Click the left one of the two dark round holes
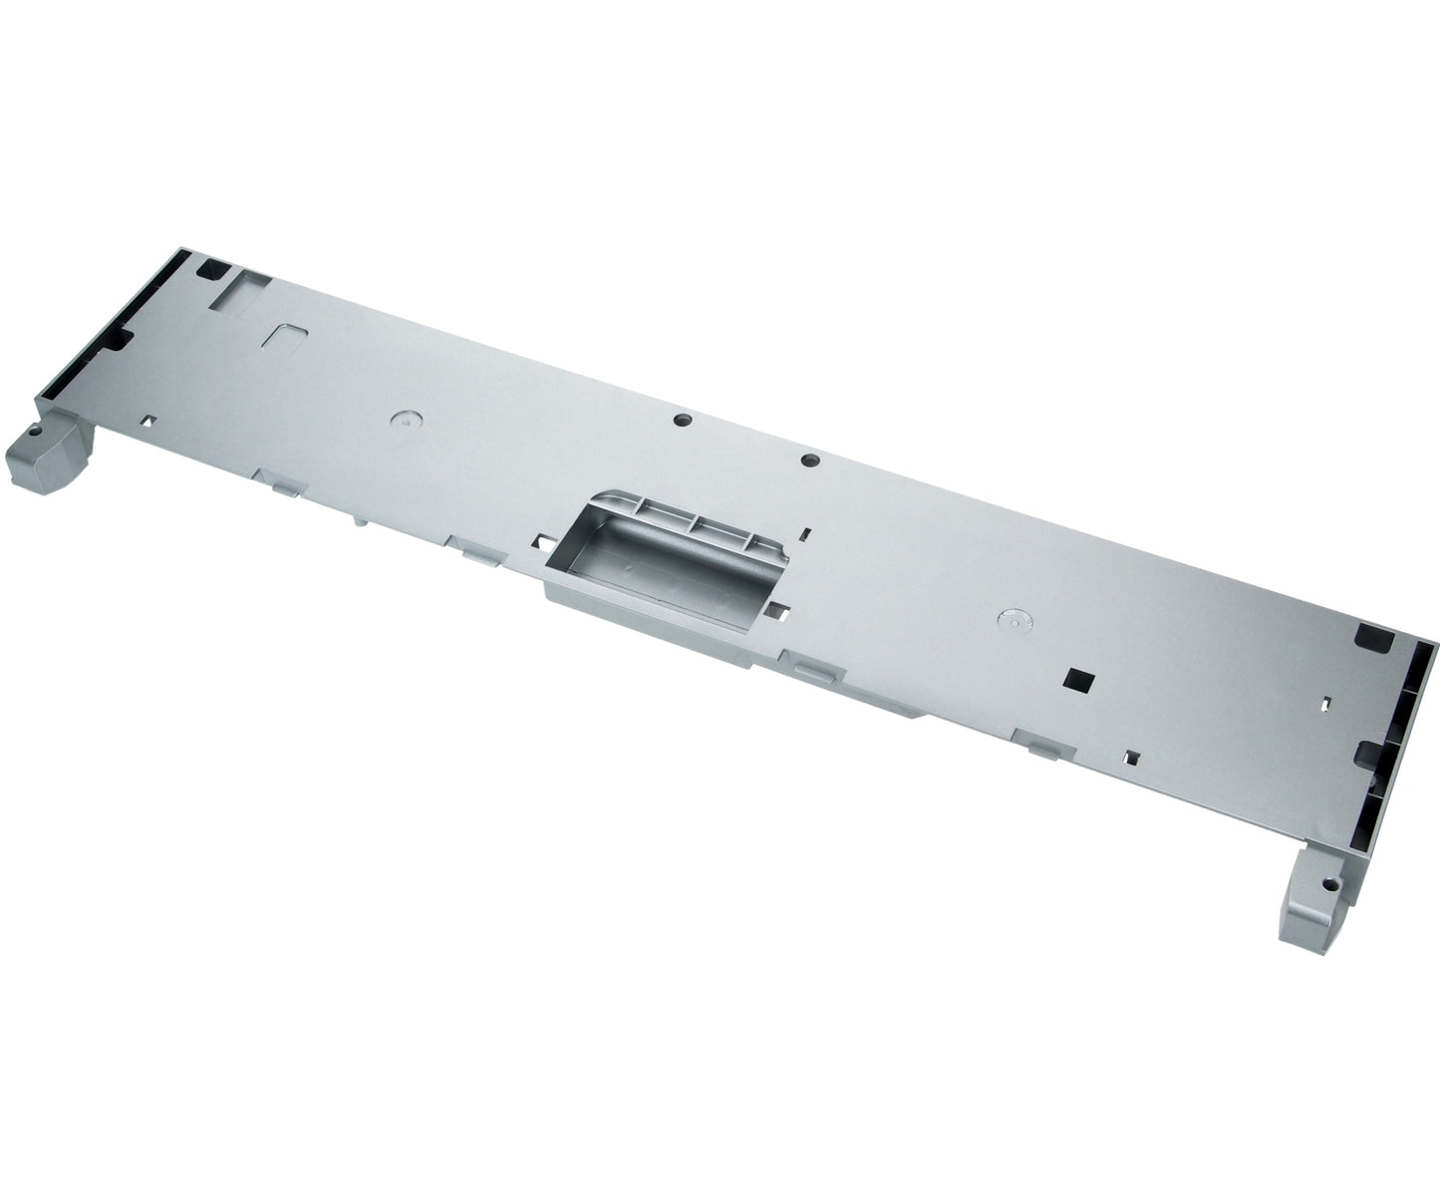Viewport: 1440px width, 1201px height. coord(681,421)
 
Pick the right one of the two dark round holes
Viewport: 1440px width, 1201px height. coord(809,460)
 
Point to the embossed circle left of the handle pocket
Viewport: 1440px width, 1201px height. coord(404,421)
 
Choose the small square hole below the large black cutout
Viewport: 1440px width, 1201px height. coord(1131,755)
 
